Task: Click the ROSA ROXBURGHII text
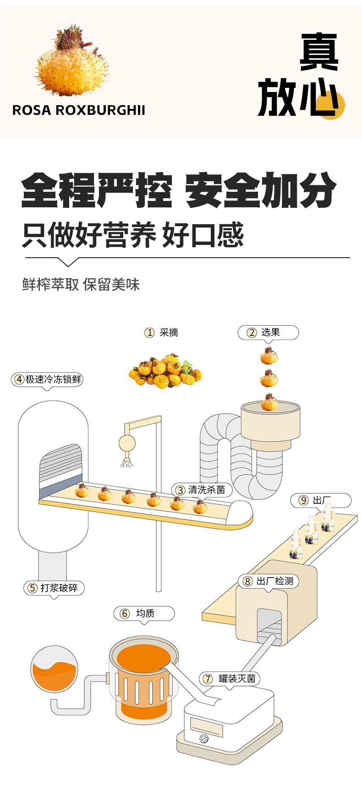[x=78, y=110]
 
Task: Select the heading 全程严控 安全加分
[x=179, y=190]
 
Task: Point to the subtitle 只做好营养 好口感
[x=133, y=235]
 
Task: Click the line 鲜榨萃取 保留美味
[x=81, y=284]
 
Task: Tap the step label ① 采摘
[x=161, y=333]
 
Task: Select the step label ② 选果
[x=268, y=333]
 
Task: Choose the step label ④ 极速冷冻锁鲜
[x=48, y=379]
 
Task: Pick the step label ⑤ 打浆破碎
[x=54, y=588]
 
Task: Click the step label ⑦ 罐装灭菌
[x=230, y=679]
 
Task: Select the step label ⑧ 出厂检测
[x=269, y=581]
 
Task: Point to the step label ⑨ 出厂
[x=320, y=500]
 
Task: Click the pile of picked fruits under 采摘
[x=165, y=371]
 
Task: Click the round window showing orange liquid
[x=54, y=669]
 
